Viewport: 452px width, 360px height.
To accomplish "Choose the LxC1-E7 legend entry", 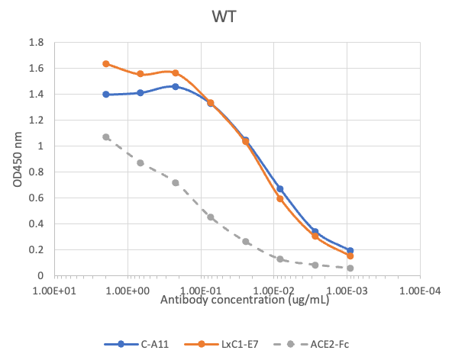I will (223, 344).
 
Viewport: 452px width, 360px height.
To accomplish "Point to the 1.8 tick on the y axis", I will (35, 42).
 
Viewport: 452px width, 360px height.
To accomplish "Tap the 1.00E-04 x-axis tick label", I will (421, 291).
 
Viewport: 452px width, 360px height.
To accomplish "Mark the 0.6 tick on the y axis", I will (35, 198).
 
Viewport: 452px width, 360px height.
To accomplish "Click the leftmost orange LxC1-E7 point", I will (106, 63).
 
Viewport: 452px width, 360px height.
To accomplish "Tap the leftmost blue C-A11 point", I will (106, 95).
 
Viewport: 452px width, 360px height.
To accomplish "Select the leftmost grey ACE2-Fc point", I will (106, 137).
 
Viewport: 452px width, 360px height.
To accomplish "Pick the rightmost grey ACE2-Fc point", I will (350, 268).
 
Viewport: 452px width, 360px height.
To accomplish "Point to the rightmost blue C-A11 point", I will (350, 250).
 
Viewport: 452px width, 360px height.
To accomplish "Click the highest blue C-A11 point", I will (176, 86).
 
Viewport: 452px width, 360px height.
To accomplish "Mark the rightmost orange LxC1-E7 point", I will (350, 256).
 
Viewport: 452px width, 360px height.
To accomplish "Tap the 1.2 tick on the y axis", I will (35, 120).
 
